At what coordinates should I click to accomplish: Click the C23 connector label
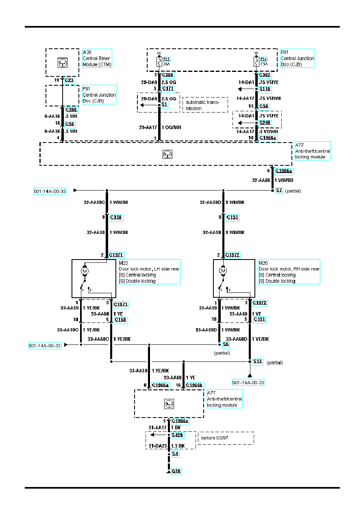pyautogui.click(x=70, y=80)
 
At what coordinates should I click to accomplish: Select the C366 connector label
pyautogui.click(x=71, y=109)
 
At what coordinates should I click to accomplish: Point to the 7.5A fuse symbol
pyautogui.click(x=256, y=62)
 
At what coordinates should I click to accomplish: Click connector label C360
pyautogui.click(x=167, y=75)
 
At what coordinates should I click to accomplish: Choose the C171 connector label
pyautogui.click(x=168, y=89)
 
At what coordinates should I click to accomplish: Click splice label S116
pyautogui.click(x=265, y=89)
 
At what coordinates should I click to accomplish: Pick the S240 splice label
pyautogui.click(x=265, y=123)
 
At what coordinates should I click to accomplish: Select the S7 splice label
pyautogui.click(x=279, y=190)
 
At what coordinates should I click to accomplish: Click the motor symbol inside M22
pyautogui.click(x=85, y=271)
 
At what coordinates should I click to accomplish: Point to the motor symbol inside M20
pyautogui.click(x=223, y=271)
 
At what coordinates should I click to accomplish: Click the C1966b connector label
pyautogui.click(x=194, y=385)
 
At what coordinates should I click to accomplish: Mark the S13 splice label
pyautogui.click(x=258, y=361)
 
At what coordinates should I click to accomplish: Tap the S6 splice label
pyautogui.click(x=226, y=344)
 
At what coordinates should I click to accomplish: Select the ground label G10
pyautogui.click(x=176, y=471)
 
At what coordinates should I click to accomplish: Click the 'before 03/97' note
pyautogui.click(x=215, y=438)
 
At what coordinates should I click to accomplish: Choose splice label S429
pyautogui.click(x=177, y=435)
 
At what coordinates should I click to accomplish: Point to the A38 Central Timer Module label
pyautogui.click(x=97, y=58)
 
